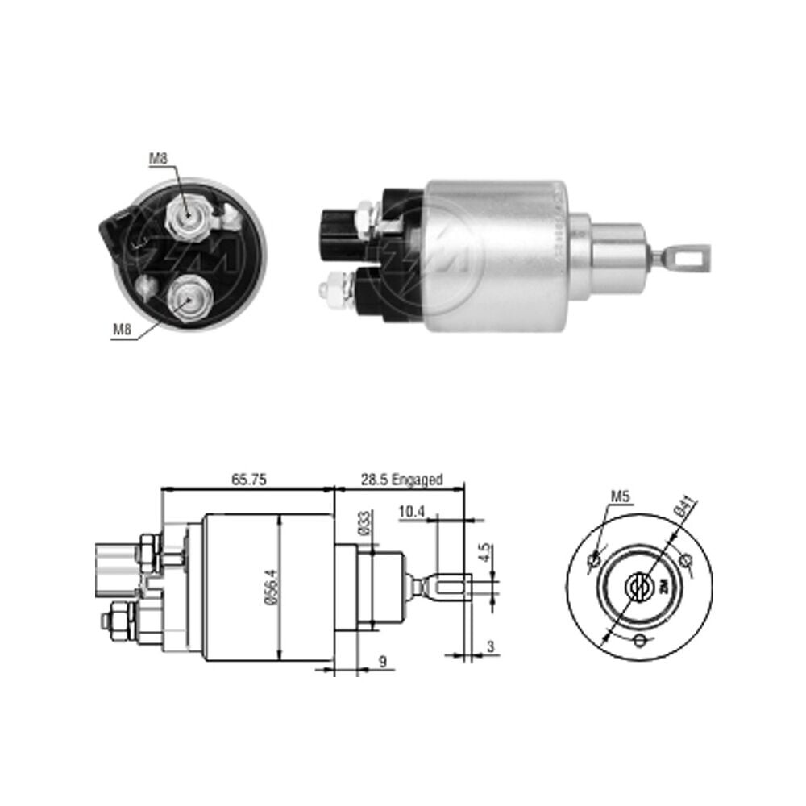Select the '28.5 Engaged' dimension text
pos(401,480)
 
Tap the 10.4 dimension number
pos(412,512)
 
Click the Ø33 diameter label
pos(365,523)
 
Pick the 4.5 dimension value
pos(484,553)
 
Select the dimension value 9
pos(382,662)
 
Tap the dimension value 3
pos(490,646)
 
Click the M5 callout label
pos(620,496)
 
